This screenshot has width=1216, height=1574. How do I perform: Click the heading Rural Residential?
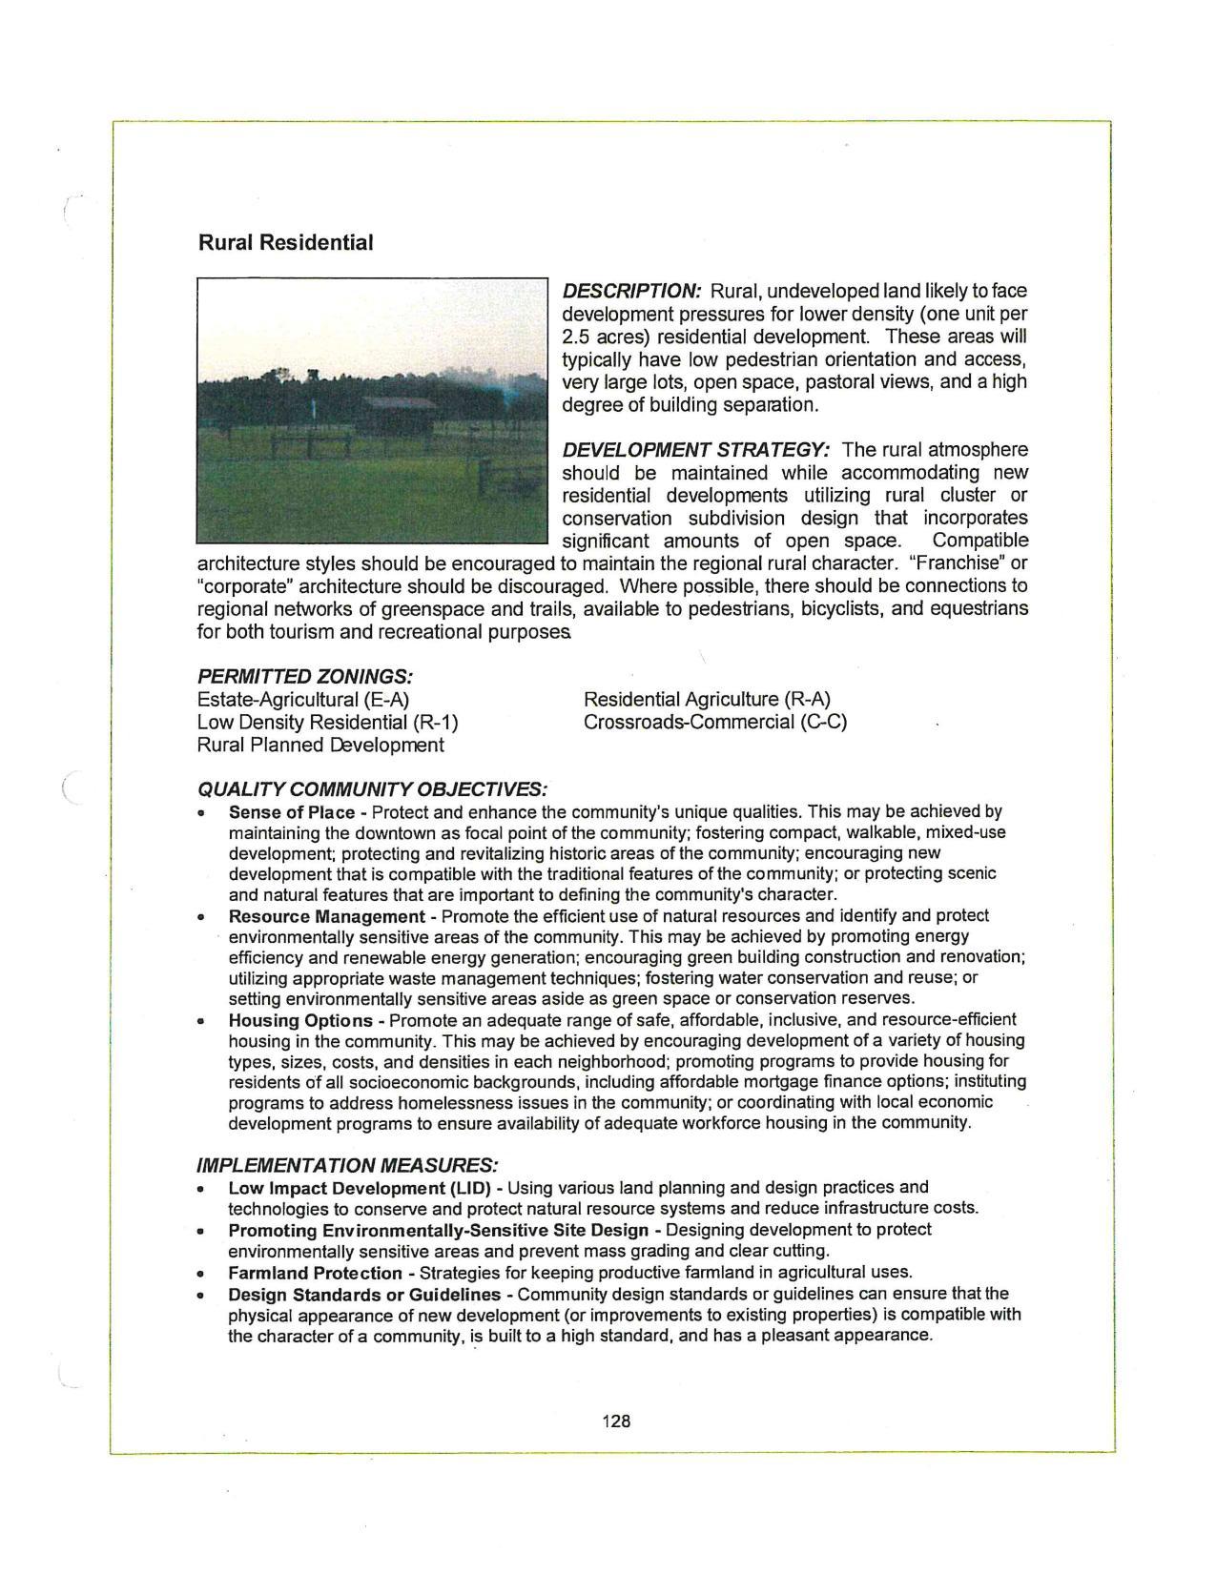pyautogui.click(x=285, y=242)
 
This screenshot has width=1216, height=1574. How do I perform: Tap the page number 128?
pyautogui.click(x=616, y=1421)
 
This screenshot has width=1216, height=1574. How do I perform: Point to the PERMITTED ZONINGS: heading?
pyautogui.click(x=304, y=677)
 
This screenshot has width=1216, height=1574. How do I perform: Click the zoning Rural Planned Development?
pyautogui.click(x=319, y=746)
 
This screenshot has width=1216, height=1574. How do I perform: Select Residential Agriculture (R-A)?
pyautogui.click(x=707, y=700)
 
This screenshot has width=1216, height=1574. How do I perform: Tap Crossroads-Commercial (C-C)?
pyautogui.click(x=714, y=723)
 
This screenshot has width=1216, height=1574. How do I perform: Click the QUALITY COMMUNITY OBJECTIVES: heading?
pyautogui.click(x=372, y=790)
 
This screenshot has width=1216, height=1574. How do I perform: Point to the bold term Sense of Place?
pyautogui.click(x=291, y=812)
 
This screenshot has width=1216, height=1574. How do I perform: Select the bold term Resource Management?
pyautogui.click(x=326, y=916)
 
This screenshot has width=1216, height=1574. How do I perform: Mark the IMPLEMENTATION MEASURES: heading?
pyautogui.click(x=347, y=1166)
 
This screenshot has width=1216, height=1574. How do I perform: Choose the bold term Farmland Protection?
pyautogui.click(x=315, y=1273)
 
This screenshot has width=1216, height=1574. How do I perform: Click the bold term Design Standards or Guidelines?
pyautogui.click(x=363, y=1295)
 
